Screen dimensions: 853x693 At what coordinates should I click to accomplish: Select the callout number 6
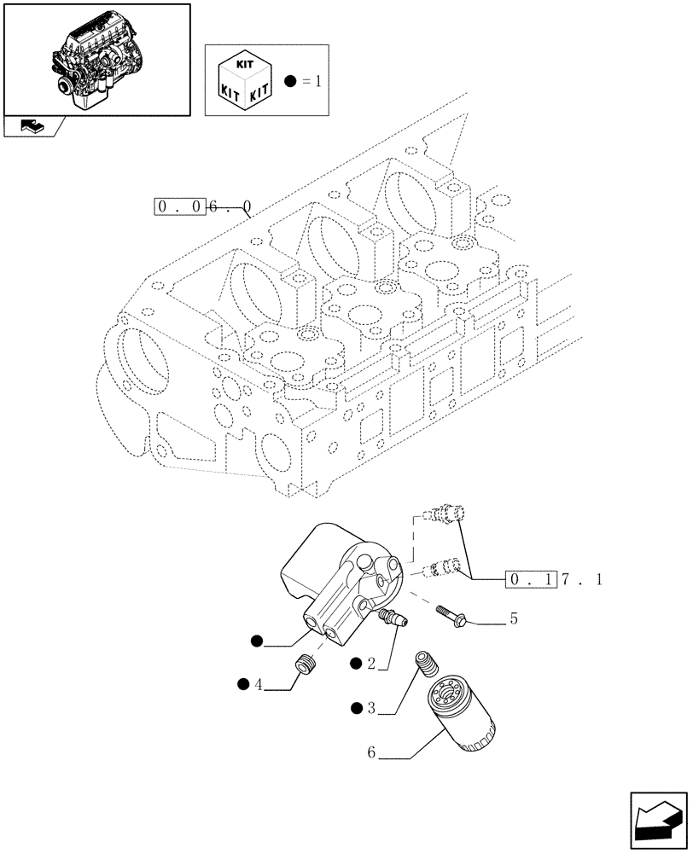[x=371, y=753]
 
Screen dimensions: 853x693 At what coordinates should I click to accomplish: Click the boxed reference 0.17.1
[x=555, y=580]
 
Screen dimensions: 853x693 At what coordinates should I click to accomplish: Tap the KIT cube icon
[x=245, y=81]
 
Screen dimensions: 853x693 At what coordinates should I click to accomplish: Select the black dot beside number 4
[x=245, y=683]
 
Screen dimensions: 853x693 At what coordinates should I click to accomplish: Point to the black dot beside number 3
[x=357, y=707]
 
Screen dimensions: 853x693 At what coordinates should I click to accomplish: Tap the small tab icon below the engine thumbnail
[x=32, y=127]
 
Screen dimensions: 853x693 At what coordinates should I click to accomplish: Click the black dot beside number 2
[x=357, y=662]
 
